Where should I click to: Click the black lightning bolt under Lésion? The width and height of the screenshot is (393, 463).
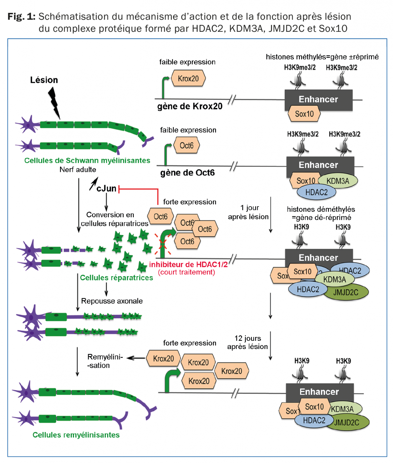point(54,102)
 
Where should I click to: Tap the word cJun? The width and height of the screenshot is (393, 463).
point(106,188)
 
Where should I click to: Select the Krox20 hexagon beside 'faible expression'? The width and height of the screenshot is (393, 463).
point(188,79)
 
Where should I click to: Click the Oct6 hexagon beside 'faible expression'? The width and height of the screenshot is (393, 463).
point(186,145)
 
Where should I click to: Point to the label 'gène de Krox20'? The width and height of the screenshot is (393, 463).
point(190,106)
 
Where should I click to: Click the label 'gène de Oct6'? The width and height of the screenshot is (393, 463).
point(187,173)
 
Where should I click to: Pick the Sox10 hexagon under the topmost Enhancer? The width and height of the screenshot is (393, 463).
point(304,114)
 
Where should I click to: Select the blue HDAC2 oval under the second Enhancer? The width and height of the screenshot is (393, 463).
point(316,192)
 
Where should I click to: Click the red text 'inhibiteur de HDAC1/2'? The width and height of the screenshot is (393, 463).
point(188,264)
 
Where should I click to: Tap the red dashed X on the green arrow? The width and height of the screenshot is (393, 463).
point(163,244)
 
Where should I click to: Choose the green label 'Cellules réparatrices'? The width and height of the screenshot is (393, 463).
point(116,278)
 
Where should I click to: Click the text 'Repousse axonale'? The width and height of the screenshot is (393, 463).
point(112,301)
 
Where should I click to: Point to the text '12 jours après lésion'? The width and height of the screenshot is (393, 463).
point(248,342)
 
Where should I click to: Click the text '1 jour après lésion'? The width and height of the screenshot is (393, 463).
point(249,212)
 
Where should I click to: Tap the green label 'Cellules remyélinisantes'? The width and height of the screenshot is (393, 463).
point(76,435)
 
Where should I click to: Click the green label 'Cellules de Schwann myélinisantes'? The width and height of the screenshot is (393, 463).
point(87,160)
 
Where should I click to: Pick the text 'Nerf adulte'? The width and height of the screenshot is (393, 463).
point(78,170)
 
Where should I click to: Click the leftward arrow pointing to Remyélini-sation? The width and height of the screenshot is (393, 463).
point(136,358)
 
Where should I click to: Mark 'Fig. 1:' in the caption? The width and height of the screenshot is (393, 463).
point(21,16)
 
